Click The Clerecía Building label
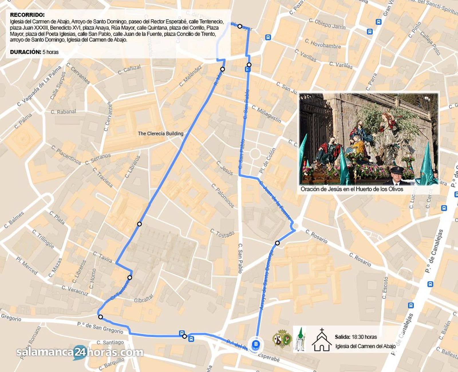pyautogui.click(x=161, y=133)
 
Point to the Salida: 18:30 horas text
pyautogui.click(x=356, y=337)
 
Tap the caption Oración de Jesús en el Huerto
pyautogui.click(x=352, y=189)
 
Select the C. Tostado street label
pyautogui.click(x=222, y=233)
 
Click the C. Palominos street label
pyautogui.click(x=223, y=196)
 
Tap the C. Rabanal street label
pyautogui.click(x=63, y=112)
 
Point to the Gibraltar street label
pyautogui.click(x=144, y=299)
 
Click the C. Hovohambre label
pyautogui.click(x=323, y=44)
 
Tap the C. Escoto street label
pyautogui.click(x=385, y=288)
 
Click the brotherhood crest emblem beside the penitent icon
pyautogui.click(x=282, y=339)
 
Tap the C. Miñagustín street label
pyautogui.click(x=266, y=114)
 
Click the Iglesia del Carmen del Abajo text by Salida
pyautogui.click(x=366, y=346)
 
